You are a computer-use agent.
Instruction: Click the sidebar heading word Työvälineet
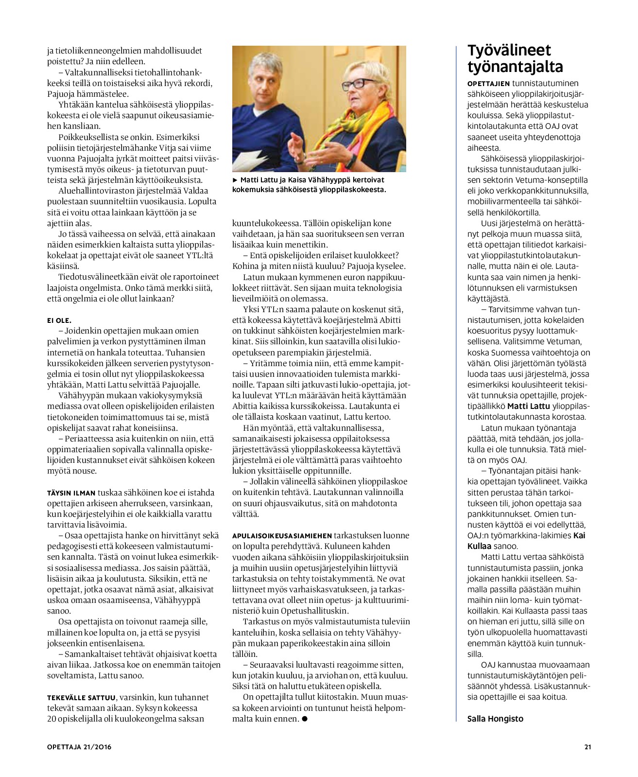click(x=509, y=51)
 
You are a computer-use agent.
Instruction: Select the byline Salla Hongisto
click(x=495, y=719)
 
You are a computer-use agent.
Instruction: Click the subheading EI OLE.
click(x=59, y=320)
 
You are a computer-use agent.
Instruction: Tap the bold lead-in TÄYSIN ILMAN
click(x=71, y=493)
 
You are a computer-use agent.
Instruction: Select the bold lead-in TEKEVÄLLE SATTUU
click(x=82, y=697)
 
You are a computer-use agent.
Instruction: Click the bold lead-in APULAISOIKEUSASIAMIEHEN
click(x=282, y=535)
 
